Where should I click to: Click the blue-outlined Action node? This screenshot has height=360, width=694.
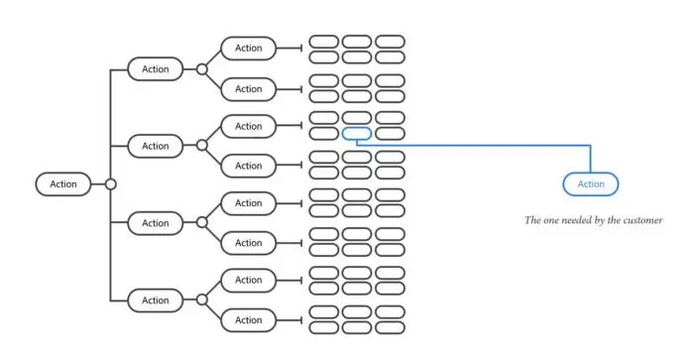pyautogui.click(x=590, y=183)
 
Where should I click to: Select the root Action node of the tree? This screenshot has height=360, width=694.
pyautogui.click(x=63, y=183)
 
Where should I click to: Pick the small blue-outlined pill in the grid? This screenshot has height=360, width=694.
pyautogui.click(x=357, y=133)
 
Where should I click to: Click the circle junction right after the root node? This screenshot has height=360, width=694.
pyautogui.click(x=111, y=183)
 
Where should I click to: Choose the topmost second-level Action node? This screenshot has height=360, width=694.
pyautogui.click(x=156, y=68)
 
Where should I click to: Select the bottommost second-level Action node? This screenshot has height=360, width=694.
pyautogui.click(x=156, y=300)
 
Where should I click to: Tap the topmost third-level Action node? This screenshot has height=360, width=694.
pyautogui.click(x=249, y=48)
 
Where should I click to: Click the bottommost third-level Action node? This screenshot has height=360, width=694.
pyautogui.click(x=249, y=320)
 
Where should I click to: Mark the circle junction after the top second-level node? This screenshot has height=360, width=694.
pyautogui.click(x=202, y=68)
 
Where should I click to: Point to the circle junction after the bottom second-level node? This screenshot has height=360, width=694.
pyautogui.click(x=202, y=300)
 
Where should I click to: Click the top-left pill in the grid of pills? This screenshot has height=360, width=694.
pyautogui.click(x=324, y=42)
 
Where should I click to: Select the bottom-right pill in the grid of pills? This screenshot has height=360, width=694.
pyautogui.click(x=390, y=327)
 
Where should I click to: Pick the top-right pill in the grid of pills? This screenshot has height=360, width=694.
pyautogui.click(x=390, y=42)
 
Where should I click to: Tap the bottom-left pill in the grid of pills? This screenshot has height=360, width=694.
pyautogui.click(x=324, y=327)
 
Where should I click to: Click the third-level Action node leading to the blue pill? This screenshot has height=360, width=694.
pyautogui.click(x=249, y=126)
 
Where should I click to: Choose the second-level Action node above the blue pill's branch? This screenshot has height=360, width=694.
pyautogui.click(x=156, y=146)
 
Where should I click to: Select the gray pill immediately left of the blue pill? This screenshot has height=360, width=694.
pyautogui.click(x=324, y=133)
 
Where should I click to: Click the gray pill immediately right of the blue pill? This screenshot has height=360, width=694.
pyautogui.click(x=390, y=133)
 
